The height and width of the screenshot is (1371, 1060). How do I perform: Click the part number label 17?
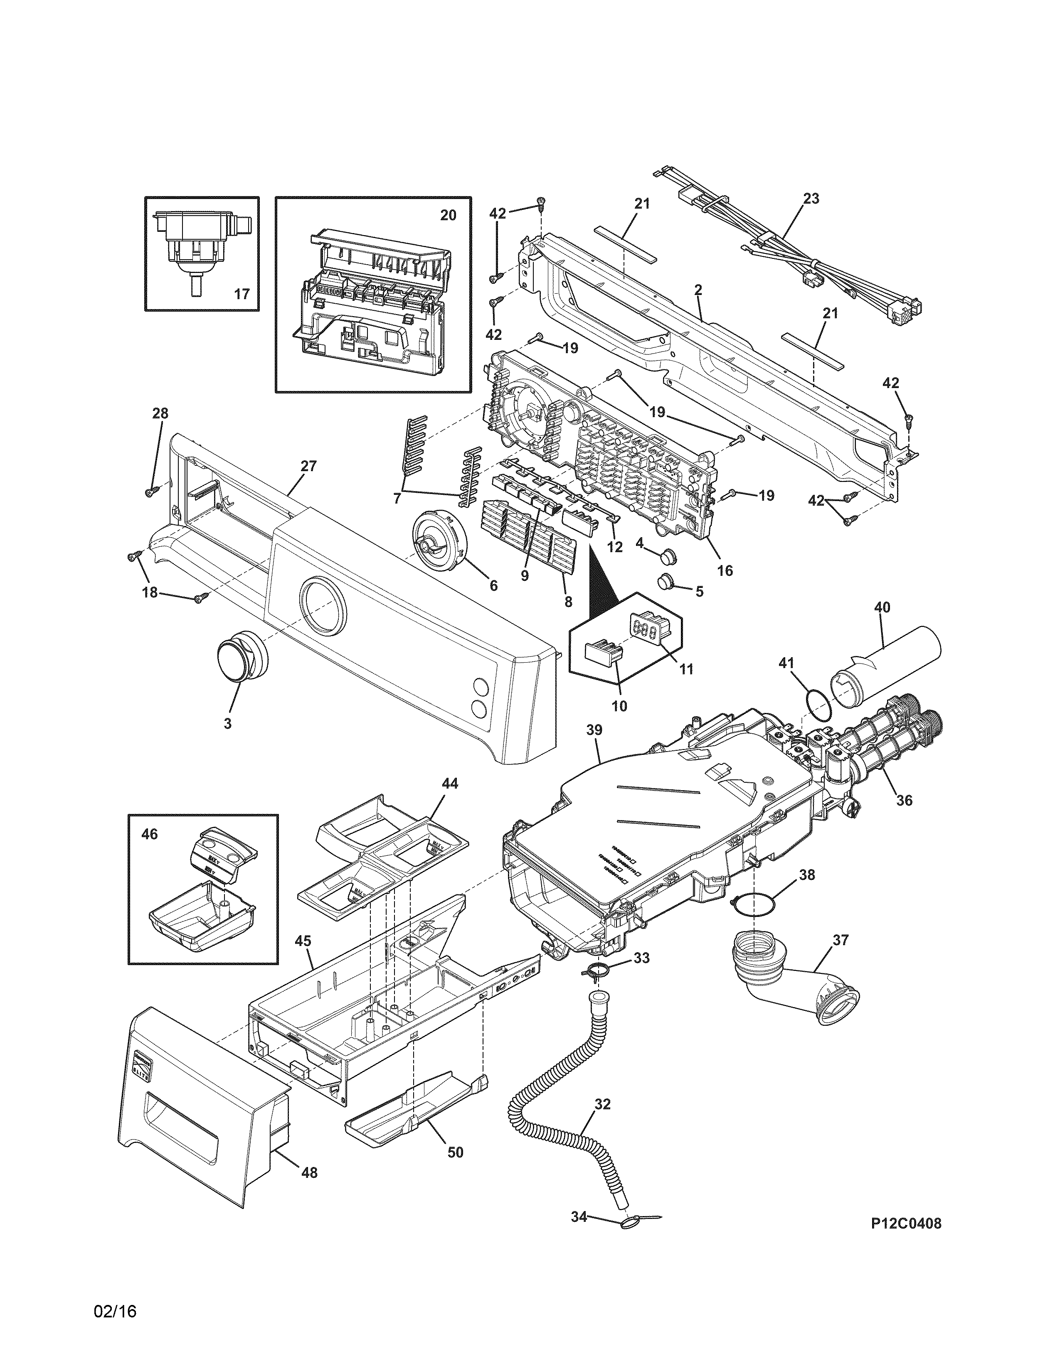(x=242, y=293)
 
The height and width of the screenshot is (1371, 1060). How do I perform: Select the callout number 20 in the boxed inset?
(x=447, y=215)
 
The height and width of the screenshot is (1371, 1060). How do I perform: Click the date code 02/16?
(x=116, y=1324)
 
